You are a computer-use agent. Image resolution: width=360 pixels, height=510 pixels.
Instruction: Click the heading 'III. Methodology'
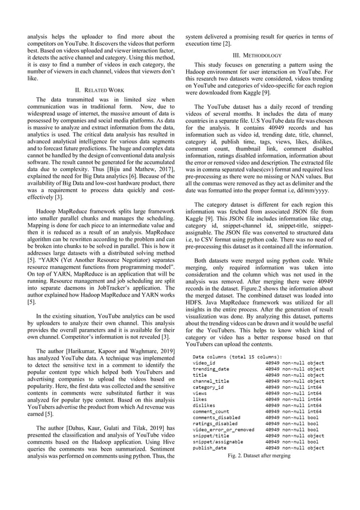259,55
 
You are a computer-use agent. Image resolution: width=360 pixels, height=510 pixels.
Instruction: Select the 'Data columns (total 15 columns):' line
237,357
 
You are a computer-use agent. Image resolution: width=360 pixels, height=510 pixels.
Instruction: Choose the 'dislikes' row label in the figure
204,405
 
